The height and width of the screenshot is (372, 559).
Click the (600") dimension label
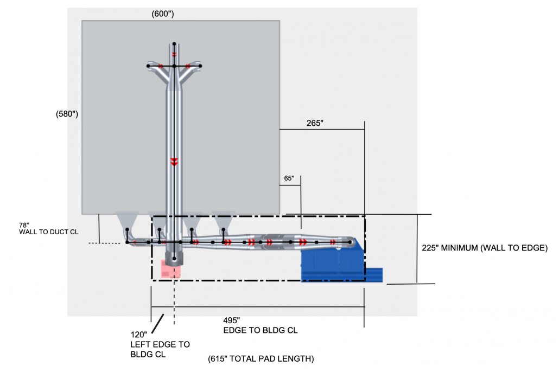pos(163,14)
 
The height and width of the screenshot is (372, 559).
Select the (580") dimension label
pos(67,114)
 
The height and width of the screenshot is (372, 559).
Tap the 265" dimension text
pos(315,123)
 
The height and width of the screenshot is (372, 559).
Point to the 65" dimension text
pos(289,178)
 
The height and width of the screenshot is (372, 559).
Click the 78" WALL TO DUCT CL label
pos(49,229)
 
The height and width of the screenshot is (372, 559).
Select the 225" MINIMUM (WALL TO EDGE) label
pos(485,248)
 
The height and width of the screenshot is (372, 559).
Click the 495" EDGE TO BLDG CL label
pos(261,326)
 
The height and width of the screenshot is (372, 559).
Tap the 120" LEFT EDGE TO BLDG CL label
pos(160,344)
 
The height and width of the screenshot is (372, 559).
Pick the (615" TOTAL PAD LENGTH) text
pos(261,359)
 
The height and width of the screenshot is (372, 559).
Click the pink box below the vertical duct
pos(171,268)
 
